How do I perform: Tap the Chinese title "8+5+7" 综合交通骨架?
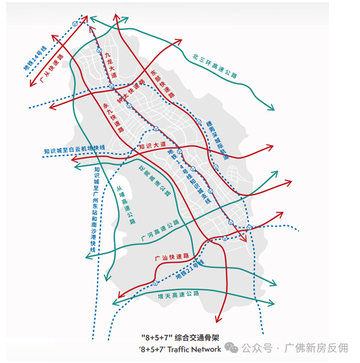click(180, 337)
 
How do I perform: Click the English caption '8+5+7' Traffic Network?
click(180, 349)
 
